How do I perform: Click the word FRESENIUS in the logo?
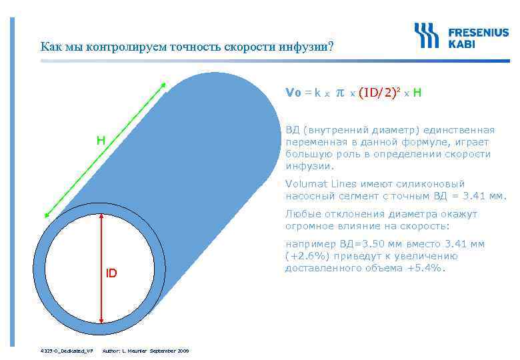tap(477, 31)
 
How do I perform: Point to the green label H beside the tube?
tap(100, 141)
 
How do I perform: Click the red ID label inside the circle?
tap(111, 273)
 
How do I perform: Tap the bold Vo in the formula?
tap(293, 93)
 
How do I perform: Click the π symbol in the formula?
tap(339, 93)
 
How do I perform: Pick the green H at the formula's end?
tap(417, 93)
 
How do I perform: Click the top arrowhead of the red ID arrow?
tap(101, 217)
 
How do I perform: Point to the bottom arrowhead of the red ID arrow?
tap(101, 321)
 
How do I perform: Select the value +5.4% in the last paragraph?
tap(427, 269)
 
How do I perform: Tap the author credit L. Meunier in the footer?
tap(131, 351)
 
